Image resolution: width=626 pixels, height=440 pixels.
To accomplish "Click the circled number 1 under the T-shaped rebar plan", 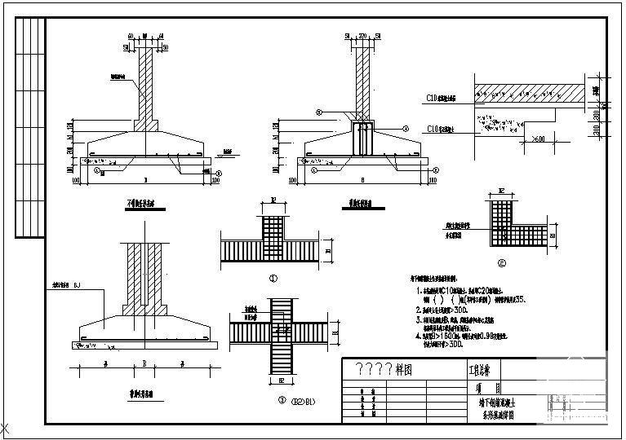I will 274,277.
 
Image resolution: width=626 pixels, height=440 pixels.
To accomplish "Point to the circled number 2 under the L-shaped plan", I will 501,262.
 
